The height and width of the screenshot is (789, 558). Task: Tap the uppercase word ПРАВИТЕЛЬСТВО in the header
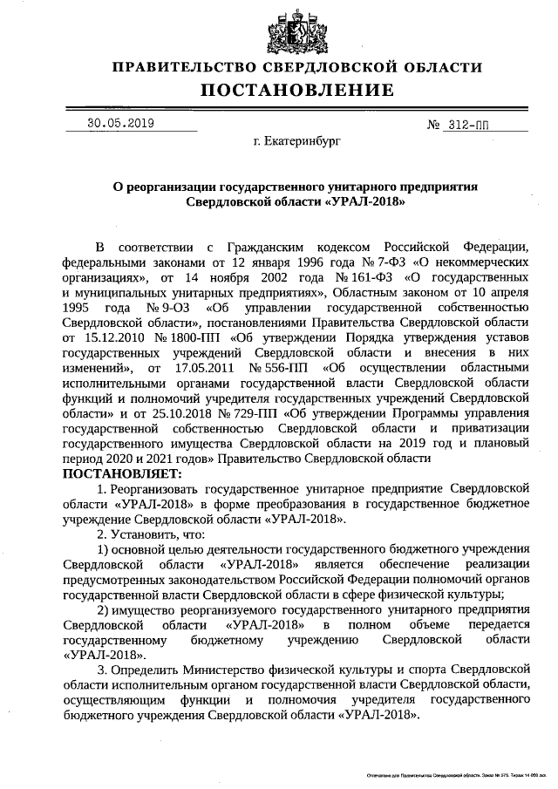pos(184,67)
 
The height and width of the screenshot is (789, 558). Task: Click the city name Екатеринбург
pos(296,139)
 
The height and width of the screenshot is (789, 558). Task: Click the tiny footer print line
pos(457,774)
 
